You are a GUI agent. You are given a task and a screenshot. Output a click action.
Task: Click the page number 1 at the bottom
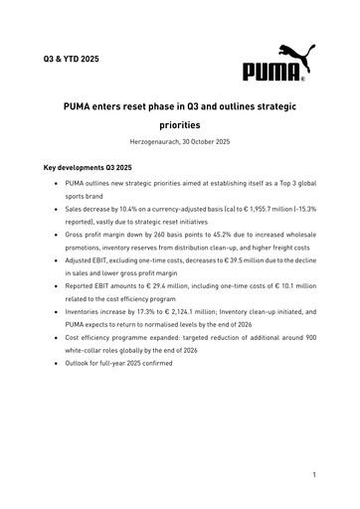(x=314, y=476)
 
